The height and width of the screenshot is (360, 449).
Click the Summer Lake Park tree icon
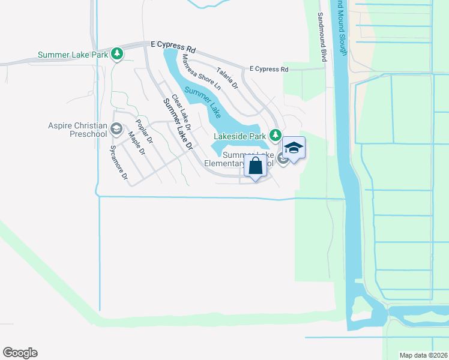pos(118,55)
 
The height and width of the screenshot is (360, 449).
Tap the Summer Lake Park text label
pos(73,55)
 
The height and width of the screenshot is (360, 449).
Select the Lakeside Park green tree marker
pos(276,136)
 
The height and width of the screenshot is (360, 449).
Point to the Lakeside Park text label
pos(240,136)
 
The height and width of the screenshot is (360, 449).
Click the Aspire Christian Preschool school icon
pos(116,129)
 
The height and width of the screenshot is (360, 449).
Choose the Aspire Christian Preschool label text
pos(77,130)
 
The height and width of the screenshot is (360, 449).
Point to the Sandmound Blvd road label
pos(322,37)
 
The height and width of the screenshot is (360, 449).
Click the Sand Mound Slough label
pos(342,27)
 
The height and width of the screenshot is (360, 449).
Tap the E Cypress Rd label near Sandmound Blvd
pos(269,70)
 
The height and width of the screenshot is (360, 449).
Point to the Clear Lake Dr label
pos(181,112)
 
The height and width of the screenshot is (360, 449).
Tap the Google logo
pos(20,353)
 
